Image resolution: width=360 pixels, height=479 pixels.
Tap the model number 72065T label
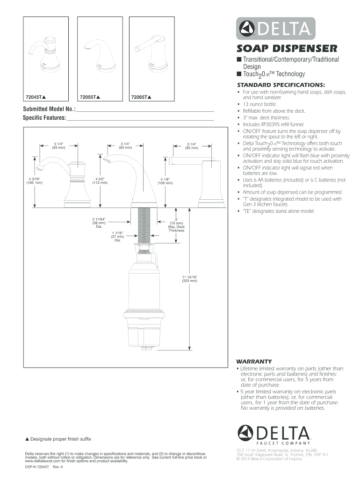click(x=142, y=97)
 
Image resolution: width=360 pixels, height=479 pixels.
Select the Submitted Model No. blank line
click(x=145, y=112)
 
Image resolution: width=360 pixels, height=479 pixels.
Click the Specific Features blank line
click(x=140, y=121)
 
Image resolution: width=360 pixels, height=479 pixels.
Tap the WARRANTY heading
click(x=254, y=362)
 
